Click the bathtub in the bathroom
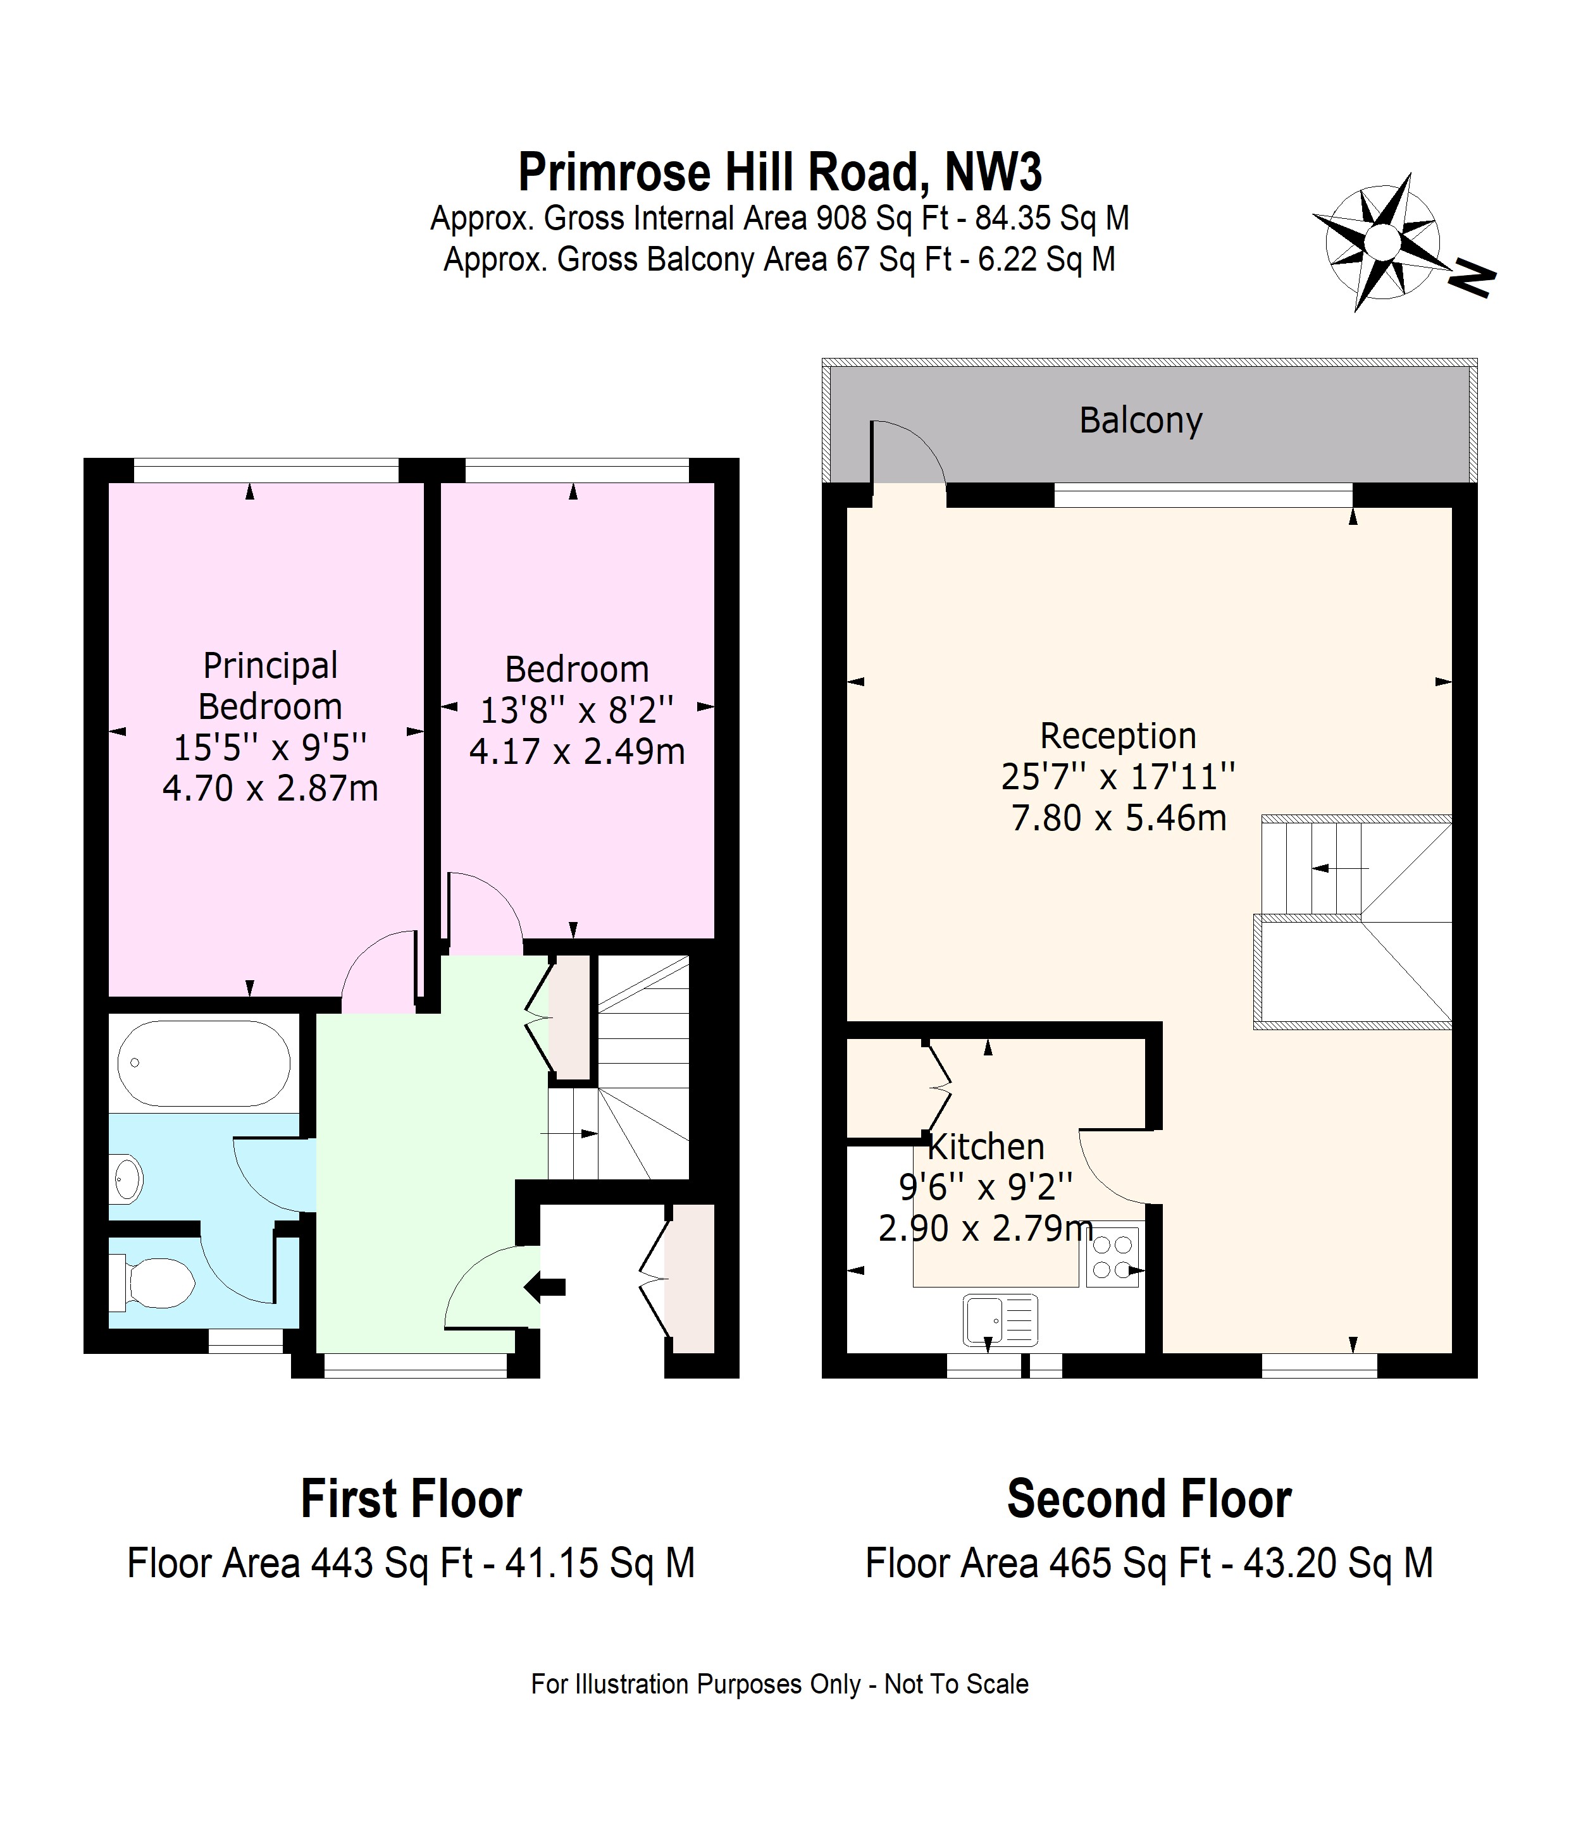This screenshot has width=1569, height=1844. click(204, 1064)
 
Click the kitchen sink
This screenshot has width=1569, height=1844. click(1000, 1318)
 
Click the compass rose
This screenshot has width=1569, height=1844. click(1380, 241)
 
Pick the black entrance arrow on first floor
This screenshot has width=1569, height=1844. click(545, 1286)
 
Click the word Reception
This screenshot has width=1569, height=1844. click(1118, 736)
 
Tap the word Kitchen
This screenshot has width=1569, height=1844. click(986, 1147)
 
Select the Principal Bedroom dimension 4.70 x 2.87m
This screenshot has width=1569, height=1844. click(270, 789)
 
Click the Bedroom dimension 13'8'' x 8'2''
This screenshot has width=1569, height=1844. click(577, 710)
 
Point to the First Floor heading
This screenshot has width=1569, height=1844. click(411, 1499)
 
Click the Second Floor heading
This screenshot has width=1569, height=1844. click(1149, 1499)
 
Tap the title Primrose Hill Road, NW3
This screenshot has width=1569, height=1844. click(780, 171)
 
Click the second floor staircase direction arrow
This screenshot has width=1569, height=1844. click(1341, 868)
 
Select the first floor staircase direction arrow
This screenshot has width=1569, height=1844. click(569, 1134)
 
